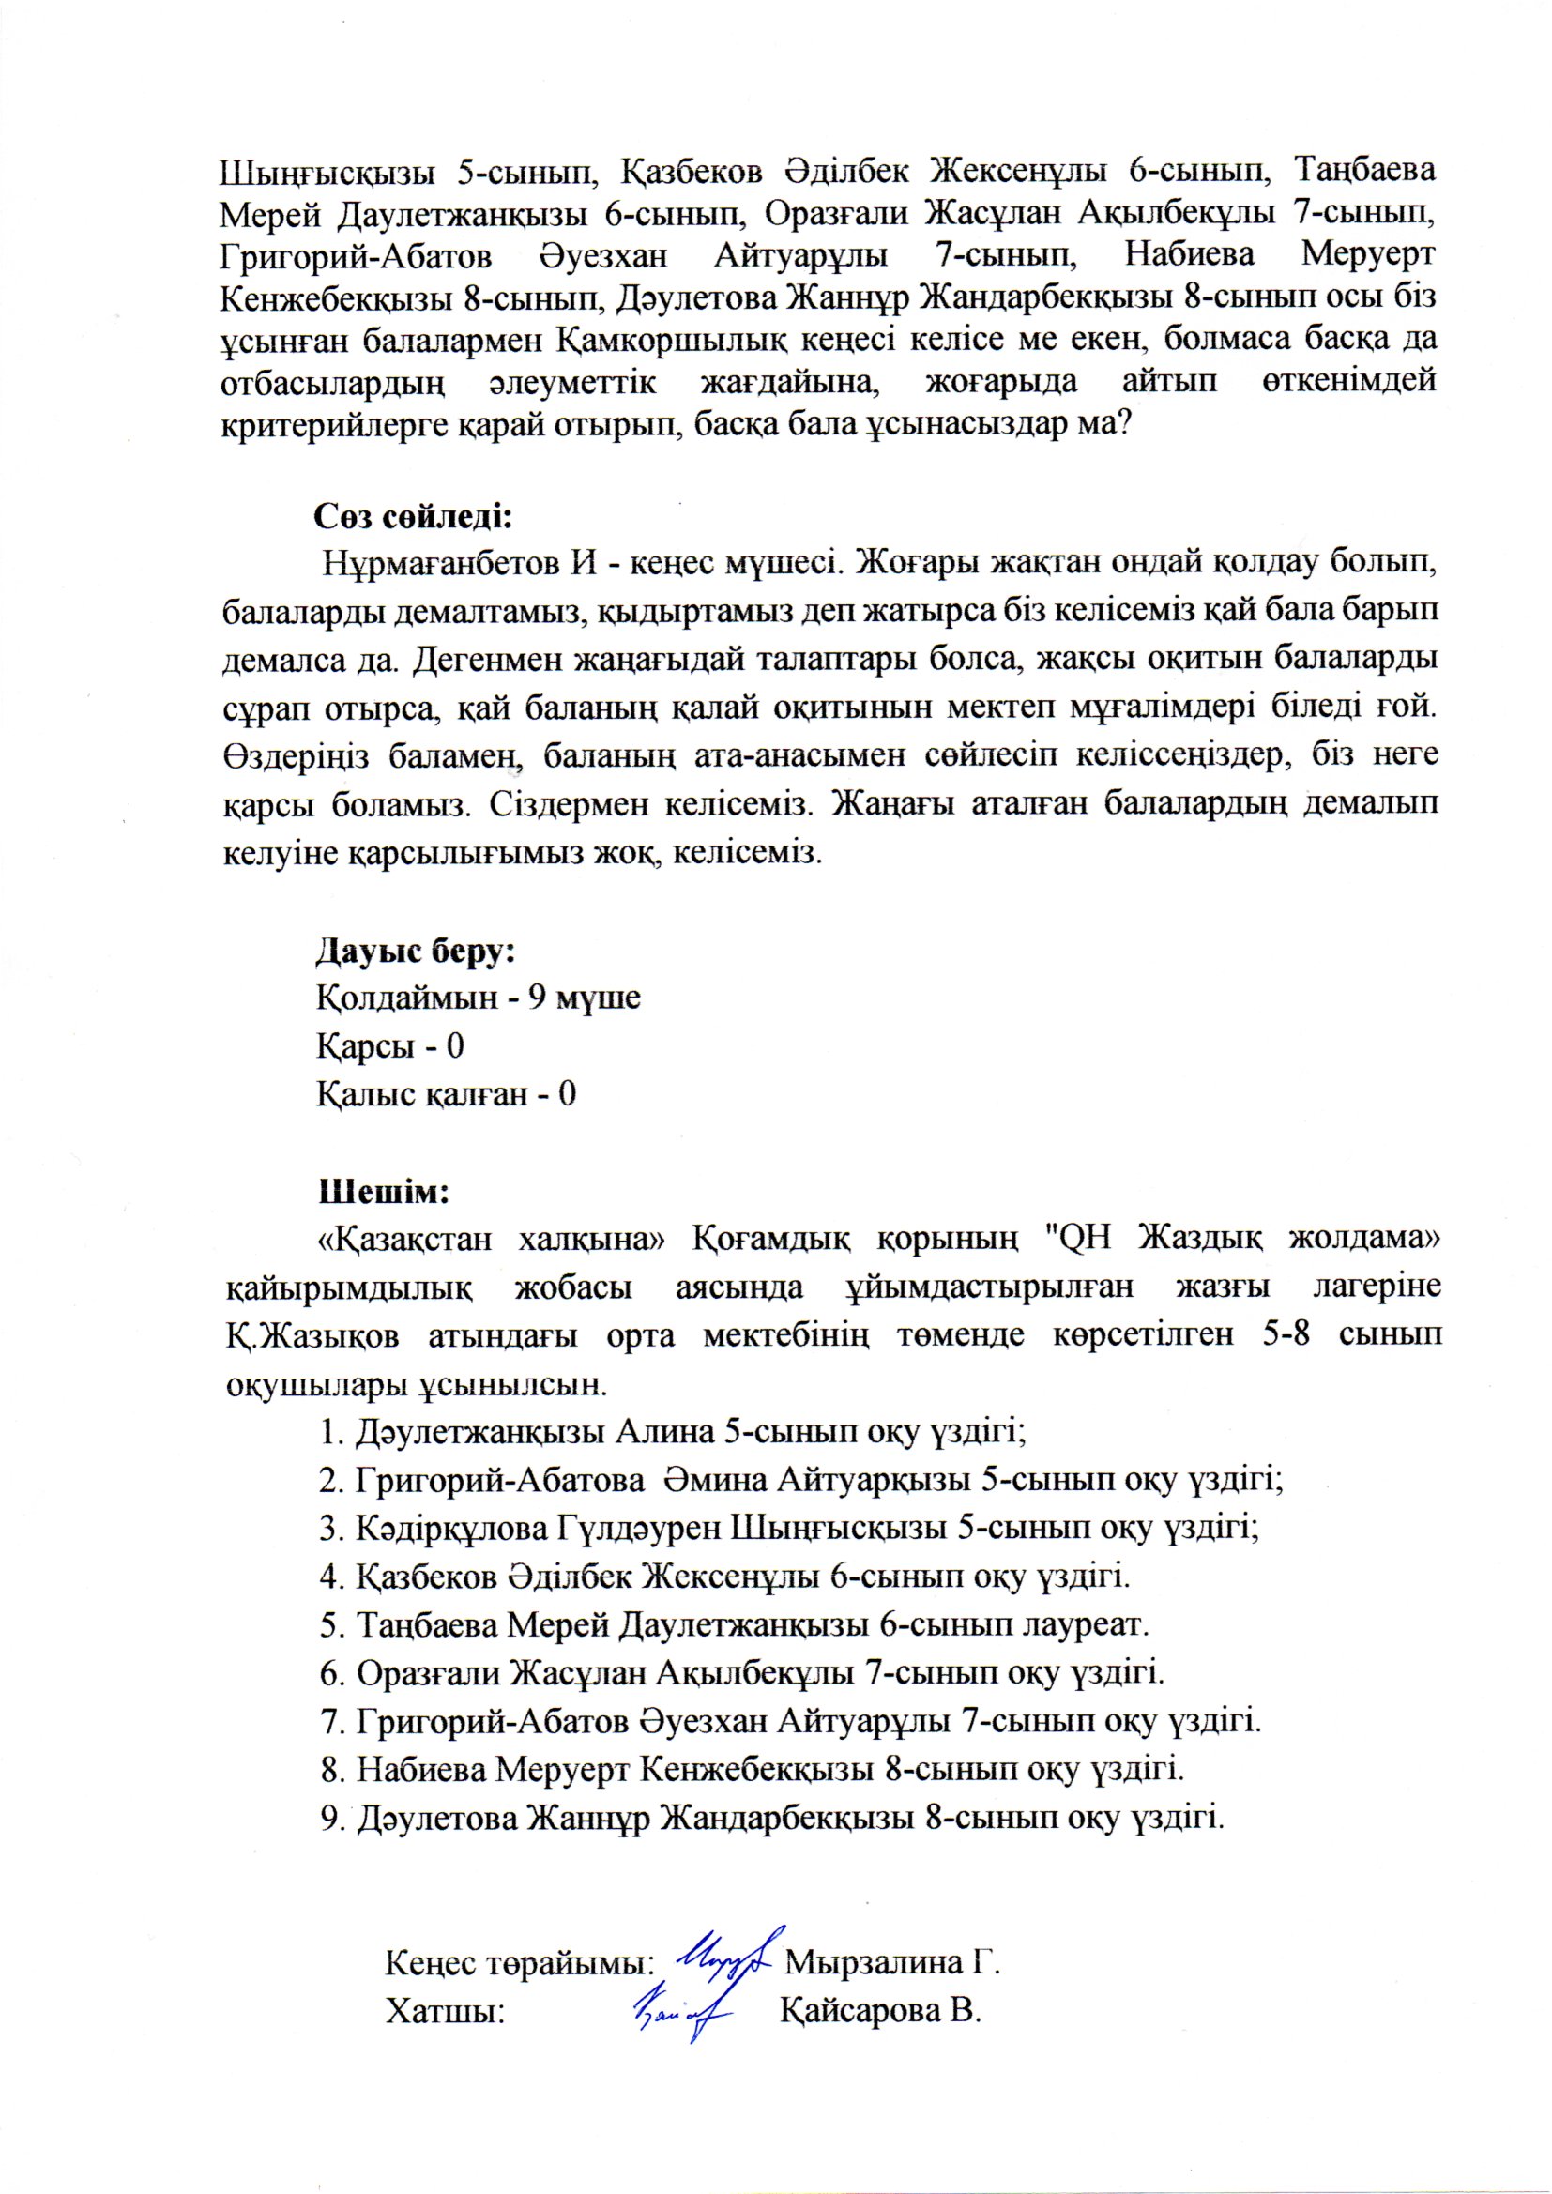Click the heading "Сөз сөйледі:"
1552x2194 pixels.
pos(414,517)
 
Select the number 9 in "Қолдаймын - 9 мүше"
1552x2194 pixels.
pos(536,998)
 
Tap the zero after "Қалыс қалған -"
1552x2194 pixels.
pos(567,1094)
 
